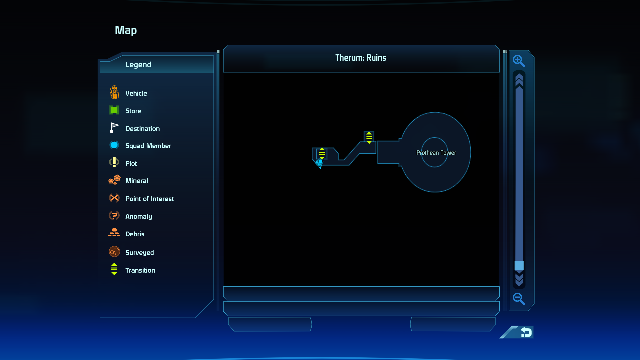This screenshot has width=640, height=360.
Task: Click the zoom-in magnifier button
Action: point(519,61)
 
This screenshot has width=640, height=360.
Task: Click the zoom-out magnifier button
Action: point(519,299)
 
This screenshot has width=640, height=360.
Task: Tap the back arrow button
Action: point(526,332)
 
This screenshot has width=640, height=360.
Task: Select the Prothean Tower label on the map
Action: point(436,153)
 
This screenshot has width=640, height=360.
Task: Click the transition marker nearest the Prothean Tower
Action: point(369,138)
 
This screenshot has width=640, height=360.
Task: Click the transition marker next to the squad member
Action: point(322,153)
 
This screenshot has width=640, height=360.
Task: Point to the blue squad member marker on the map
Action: point(319,163)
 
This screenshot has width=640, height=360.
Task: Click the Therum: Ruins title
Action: point(361,58)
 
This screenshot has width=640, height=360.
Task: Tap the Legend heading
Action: point(138,65)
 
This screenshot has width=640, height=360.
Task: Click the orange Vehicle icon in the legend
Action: point(114,92)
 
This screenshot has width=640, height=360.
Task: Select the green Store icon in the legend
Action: point(114,110)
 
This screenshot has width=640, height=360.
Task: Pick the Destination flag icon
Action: point(114,128)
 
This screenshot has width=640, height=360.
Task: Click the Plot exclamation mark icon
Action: point(114,162)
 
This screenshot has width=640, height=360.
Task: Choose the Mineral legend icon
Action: point(114,180)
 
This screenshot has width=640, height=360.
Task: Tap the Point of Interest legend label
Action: point(149,199)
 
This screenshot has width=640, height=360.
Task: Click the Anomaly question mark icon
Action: point(114,215)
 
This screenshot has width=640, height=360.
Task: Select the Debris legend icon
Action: point(114,233)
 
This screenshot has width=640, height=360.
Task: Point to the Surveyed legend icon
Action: point(114,251)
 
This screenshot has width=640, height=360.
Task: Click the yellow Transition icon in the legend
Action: point(114,269)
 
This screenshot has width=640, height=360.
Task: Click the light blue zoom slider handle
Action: point(519,265)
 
